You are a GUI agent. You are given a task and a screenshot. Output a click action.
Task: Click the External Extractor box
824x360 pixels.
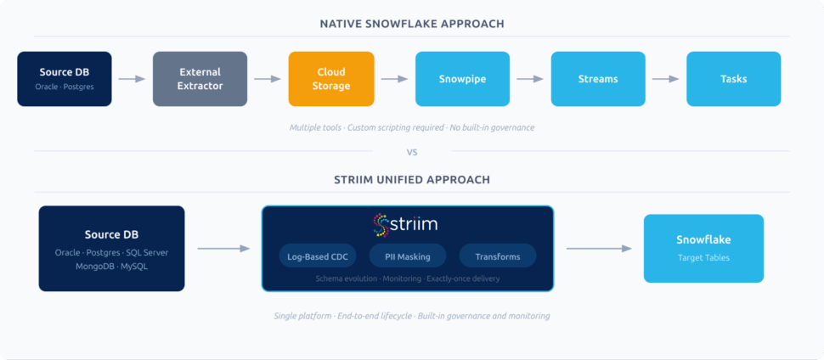pos(200,79)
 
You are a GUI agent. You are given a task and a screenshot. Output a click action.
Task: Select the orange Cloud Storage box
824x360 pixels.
pos(331,79)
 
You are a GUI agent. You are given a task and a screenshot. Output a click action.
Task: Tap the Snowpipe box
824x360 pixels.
pos(462,79)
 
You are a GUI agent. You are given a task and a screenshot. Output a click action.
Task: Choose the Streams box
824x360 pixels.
pos(598,79)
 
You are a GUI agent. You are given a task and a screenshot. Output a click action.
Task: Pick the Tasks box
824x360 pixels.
pos(733,79)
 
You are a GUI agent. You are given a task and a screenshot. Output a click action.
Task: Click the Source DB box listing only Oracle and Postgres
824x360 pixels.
pos(65,79)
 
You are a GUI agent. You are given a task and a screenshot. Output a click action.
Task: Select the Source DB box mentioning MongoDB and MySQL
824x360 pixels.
pos(111,248)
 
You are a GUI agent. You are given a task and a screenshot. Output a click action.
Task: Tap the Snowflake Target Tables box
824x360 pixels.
pos(703,248)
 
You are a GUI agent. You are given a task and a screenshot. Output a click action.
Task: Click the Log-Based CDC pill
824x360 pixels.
pos(318,256)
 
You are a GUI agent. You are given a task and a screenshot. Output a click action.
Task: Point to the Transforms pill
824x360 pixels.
pos(498,256)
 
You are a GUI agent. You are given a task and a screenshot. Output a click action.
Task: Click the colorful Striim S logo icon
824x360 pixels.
pos(381,225)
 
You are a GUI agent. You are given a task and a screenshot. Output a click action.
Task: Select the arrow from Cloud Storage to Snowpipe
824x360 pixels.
pos(394,79)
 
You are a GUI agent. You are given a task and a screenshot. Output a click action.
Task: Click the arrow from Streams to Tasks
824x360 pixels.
pos(665,79)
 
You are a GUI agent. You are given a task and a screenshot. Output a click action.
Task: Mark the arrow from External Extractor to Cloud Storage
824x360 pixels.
pos(268,79)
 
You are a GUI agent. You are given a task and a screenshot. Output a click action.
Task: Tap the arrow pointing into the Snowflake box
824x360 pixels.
pos(599,249)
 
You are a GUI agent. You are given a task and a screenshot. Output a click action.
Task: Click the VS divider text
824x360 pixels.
pos(412,152)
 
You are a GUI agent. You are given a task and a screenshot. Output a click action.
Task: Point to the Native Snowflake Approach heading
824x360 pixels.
pos(412,24)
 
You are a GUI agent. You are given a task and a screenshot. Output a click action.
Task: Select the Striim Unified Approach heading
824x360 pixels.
pos(412,180)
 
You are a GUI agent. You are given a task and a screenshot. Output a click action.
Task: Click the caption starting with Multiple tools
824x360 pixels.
pos(412,127)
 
